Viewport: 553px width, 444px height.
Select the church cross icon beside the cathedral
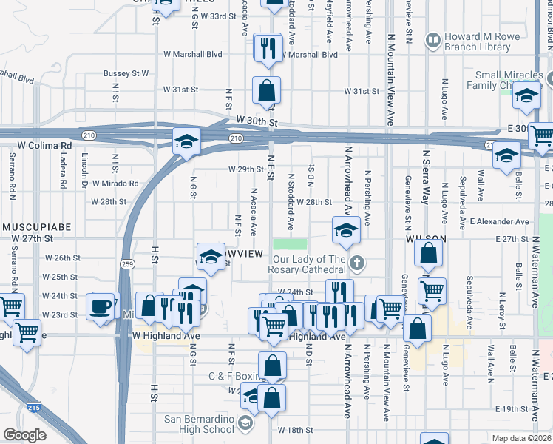click(x=357, y=262)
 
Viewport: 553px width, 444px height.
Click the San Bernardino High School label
click(x=199, y=424)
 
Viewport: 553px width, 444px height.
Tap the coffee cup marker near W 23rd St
click(x=100, y=306)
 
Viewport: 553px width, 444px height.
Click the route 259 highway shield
click(x=126, y=263)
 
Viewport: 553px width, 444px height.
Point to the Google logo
click(x=24, y=434)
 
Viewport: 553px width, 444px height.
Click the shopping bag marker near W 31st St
click(x=266, y=92)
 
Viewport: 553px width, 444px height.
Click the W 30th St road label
click(x=257, y=121)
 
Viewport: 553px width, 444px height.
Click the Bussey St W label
click(x=126, y=73)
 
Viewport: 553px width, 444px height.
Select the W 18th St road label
click(x=296, y=429)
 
